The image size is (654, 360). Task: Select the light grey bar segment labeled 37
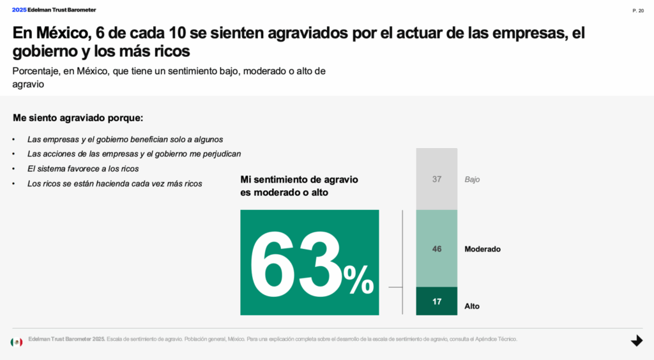tap(437, 179)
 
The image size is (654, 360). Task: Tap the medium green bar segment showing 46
tap(437, 249)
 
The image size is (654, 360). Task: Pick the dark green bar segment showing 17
tap(437, 301)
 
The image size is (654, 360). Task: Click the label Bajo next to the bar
tap(472, 179)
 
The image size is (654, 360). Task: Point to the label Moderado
tap(482, 249)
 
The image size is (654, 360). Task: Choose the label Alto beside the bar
tap(472, 306)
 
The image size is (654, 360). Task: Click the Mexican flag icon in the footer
tap(17, 342)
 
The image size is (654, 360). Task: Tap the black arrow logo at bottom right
tap(636, 341)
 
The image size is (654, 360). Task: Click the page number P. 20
tap(637, 10)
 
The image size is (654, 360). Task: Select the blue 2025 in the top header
tap(19, 10)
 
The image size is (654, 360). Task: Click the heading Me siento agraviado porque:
tap(78, 118)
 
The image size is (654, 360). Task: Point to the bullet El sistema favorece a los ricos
tap(83, 169)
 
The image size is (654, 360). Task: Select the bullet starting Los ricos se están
tap(114, 183)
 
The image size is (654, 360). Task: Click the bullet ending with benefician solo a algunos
tap(125, 139)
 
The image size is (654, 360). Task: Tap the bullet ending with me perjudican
tap(134, 154)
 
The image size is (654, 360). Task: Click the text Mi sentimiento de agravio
tap(299, 179)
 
